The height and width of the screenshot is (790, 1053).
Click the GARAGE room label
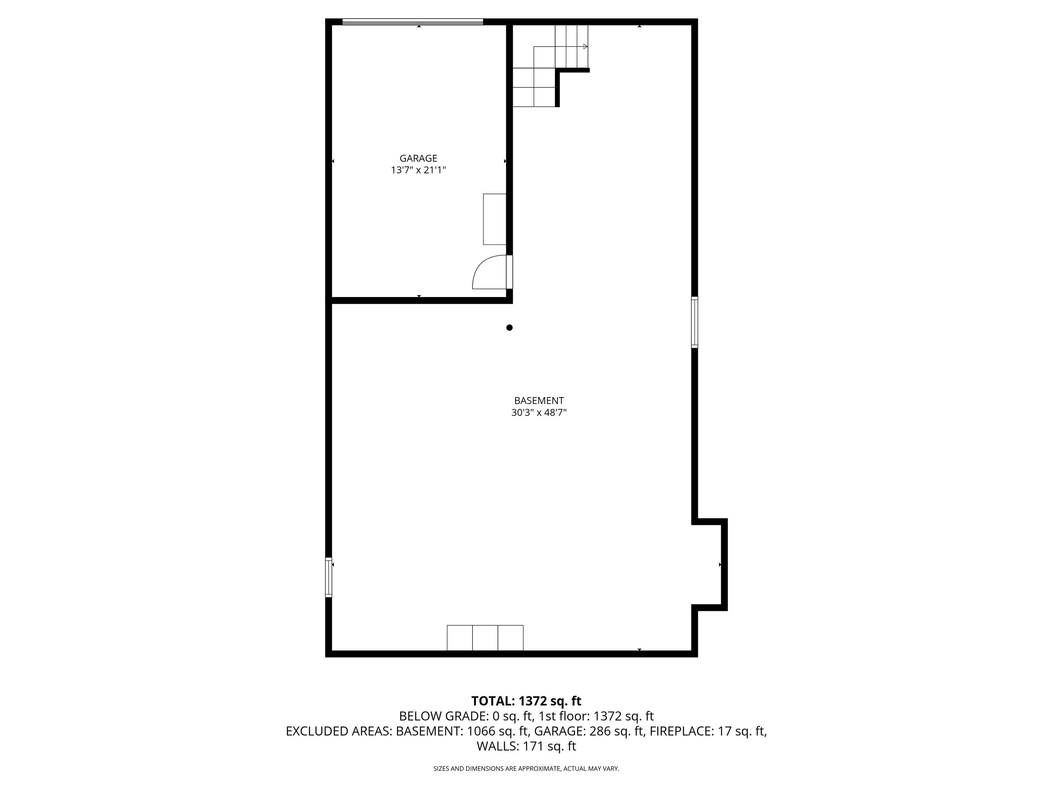coord(418,158)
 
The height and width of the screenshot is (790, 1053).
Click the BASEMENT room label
coord(539,401)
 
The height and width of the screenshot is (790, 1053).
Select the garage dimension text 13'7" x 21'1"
coord(418,170)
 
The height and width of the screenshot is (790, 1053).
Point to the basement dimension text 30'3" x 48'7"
coord(539,413)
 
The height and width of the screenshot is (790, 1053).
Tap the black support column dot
coord(509,327)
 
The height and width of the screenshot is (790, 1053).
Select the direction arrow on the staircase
coord(561,47)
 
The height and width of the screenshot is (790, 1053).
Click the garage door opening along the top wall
coord(413,21)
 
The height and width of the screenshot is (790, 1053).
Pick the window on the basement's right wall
coord(695,322)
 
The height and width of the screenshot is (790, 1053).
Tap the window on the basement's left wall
coord(329,577)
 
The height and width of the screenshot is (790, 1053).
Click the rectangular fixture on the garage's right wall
coord(495,219)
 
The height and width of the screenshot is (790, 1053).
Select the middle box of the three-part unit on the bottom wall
coord(485,638)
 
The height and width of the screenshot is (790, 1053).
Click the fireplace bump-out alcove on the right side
coord(709,564)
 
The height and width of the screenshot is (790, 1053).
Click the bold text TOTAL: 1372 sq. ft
coord(526,701)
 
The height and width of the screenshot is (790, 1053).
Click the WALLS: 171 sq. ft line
coord(526,746)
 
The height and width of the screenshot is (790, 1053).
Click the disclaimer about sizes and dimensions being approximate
coord(526,769)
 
